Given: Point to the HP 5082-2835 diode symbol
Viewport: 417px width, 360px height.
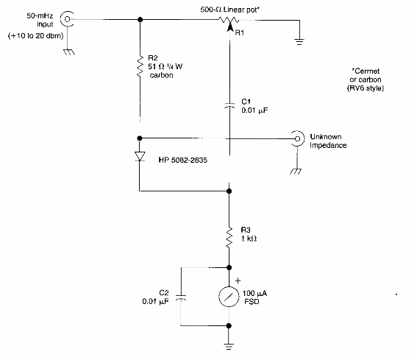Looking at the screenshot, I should pyautogui.click(x=140, y=157).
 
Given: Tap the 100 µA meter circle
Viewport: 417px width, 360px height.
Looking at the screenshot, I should pyautogui.click(x=229, y=297).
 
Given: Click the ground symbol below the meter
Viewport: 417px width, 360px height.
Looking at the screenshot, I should pyautogui.click(x=229, y=346).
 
